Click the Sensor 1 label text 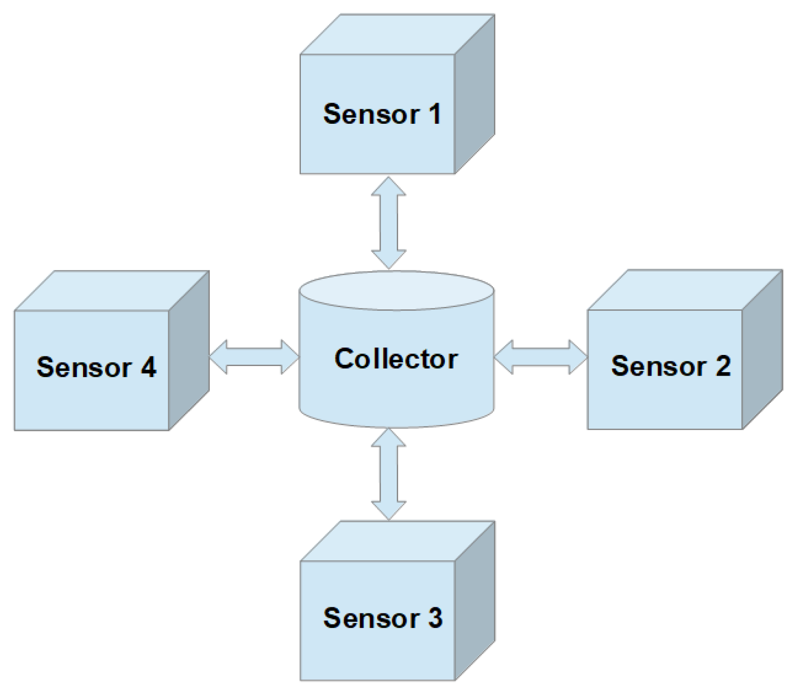pos(382,114)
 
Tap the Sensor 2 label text pos(670,366)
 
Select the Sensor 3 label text pos(382,618)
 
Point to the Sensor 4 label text pos(96,367)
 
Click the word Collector pos(396,359)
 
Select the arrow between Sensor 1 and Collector pos(389,223)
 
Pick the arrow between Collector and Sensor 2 pos(541,357)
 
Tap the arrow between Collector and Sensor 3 pos(389,474)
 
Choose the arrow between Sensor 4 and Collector pos(254,357)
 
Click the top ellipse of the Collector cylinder pos(396,291)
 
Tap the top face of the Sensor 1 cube pos(397,35)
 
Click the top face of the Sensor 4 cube pos(111,291)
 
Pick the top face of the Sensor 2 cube pos(685,290)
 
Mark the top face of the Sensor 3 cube pos(397,541)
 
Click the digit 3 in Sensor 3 pos(435,618)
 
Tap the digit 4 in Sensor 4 pos(148,367)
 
